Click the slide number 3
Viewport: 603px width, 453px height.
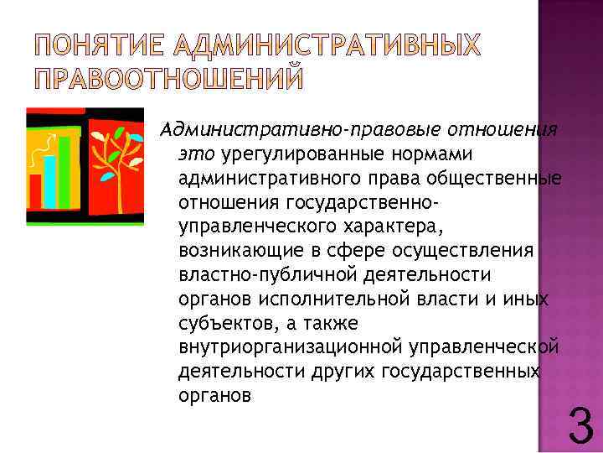(580, 424)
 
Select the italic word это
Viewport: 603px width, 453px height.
(198, 154)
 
